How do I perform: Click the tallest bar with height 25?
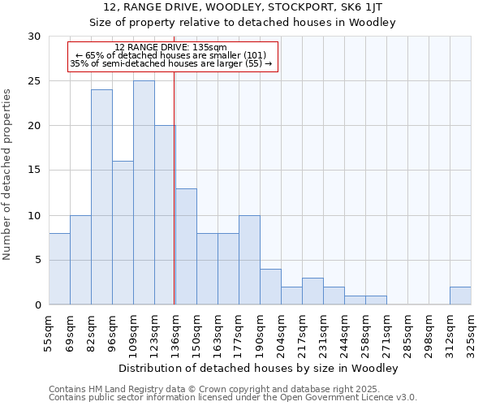144,192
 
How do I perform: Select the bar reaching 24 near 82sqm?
101,197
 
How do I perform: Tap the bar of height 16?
123,232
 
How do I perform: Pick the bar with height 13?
186,246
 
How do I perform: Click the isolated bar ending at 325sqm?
460,296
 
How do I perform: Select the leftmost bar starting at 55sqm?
59,269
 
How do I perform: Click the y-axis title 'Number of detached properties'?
8,175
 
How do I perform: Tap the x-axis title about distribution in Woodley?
258,368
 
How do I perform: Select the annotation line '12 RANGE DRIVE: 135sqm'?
170,48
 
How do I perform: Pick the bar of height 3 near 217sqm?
312,291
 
